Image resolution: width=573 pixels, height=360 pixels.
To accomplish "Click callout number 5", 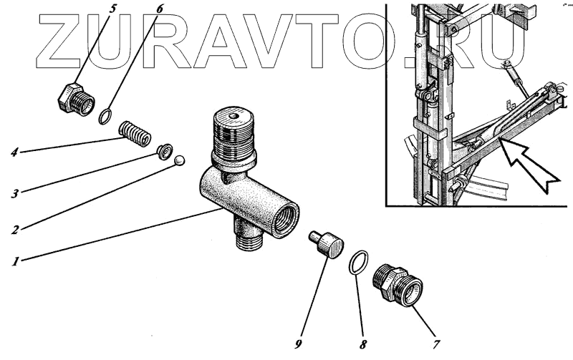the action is coord(112,9).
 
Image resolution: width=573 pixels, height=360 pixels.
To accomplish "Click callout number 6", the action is coord(159,9).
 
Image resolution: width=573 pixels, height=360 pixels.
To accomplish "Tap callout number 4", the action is coord(14,151).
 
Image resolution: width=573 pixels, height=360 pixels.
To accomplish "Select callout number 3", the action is coord(14,193).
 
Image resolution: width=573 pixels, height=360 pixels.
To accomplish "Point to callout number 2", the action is coord(14,229).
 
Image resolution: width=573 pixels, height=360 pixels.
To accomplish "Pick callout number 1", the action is coord(15,261).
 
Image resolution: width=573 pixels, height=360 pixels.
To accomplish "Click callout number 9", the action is coord(298,344).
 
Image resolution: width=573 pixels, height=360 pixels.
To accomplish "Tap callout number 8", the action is coord(362,344).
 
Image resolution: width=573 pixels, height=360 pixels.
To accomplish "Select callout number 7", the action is coord(436,344).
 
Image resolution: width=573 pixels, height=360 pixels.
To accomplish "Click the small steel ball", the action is coord(180,160).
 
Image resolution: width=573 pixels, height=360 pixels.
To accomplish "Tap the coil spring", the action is coord(135,133).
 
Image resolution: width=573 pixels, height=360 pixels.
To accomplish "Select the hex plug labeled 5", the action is coord(77,99).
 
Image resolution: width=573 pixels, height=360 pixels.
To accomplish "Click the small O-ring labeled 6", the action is coord(105,117).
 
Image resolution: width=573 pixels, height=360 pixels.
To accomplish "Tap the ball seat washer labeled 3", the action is coord(165,151).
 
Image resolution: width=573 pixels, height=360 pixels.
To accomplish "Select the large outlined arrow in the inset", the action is coord(528,165).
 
